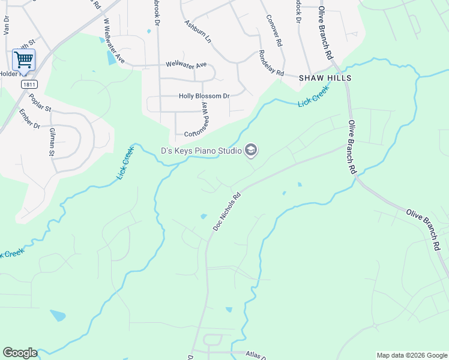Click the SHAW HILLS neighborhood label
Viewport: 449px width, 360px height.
[325, 79]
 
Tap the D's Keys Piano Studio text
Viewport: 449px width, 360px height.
[200, 151]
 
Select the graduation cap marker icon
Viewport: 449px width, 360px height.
[252, 150]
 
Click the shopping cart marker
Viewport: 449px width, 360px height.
[23, 60]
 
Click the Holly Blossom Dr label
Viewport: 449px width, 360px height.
[204, 96]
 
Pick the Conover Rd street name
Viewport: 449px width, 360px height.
[274, 29]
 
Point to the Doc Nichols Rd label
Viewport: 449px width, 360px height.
[227, 212]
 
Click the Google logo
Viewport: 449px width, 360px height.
[20, 353]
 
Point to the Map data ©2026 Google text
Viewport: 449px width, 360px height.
[412, 355]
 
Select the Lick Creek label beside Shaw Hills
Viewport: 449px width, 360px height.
[313, 97]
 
